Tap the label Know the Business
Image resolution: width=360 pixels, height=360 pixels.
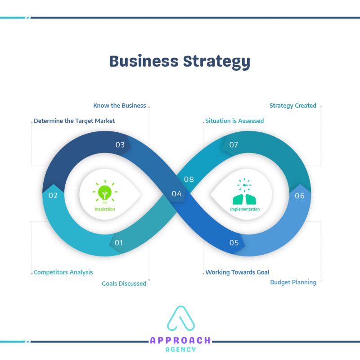point(120,105)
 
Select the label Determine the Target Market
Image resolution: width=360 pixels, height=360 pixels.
point(74,121)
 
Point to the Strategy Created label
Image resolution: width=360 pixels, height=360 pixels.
point(292,105)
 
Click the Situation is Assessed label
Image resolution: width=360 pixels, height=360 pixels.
point(234,121)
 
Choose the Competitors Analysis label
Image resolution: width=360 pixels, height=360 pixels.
point(63,272)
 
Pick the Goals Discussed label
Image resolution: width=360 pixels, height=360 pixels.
point(124,283)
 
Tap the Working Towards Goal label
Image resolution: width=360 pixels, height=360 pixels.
point(237,272)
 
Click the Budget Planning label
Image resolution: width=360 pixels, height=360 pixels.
point(293,282)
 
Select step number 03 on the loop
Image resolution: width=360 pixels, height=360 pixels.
point(120,145)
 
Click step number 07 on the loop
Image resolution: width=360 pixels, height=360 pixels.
point(234,145)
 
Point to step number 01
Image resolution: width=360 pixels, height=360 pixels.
point(118,243)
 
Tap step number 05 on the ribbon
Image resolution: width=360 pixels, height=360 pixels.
point(234,243)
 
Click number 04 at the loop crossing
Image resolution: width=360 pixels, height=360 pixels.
point(176,194)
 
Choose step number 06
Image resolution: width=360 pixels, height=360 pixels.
point(300,196)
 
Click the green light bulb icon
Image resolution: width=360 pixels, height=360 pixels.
point(104,193)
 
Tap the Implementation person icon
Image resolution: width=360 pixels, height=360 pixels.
point(244,194)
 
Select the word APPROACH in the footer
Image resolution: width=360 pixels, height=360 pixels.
point(180,341)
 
